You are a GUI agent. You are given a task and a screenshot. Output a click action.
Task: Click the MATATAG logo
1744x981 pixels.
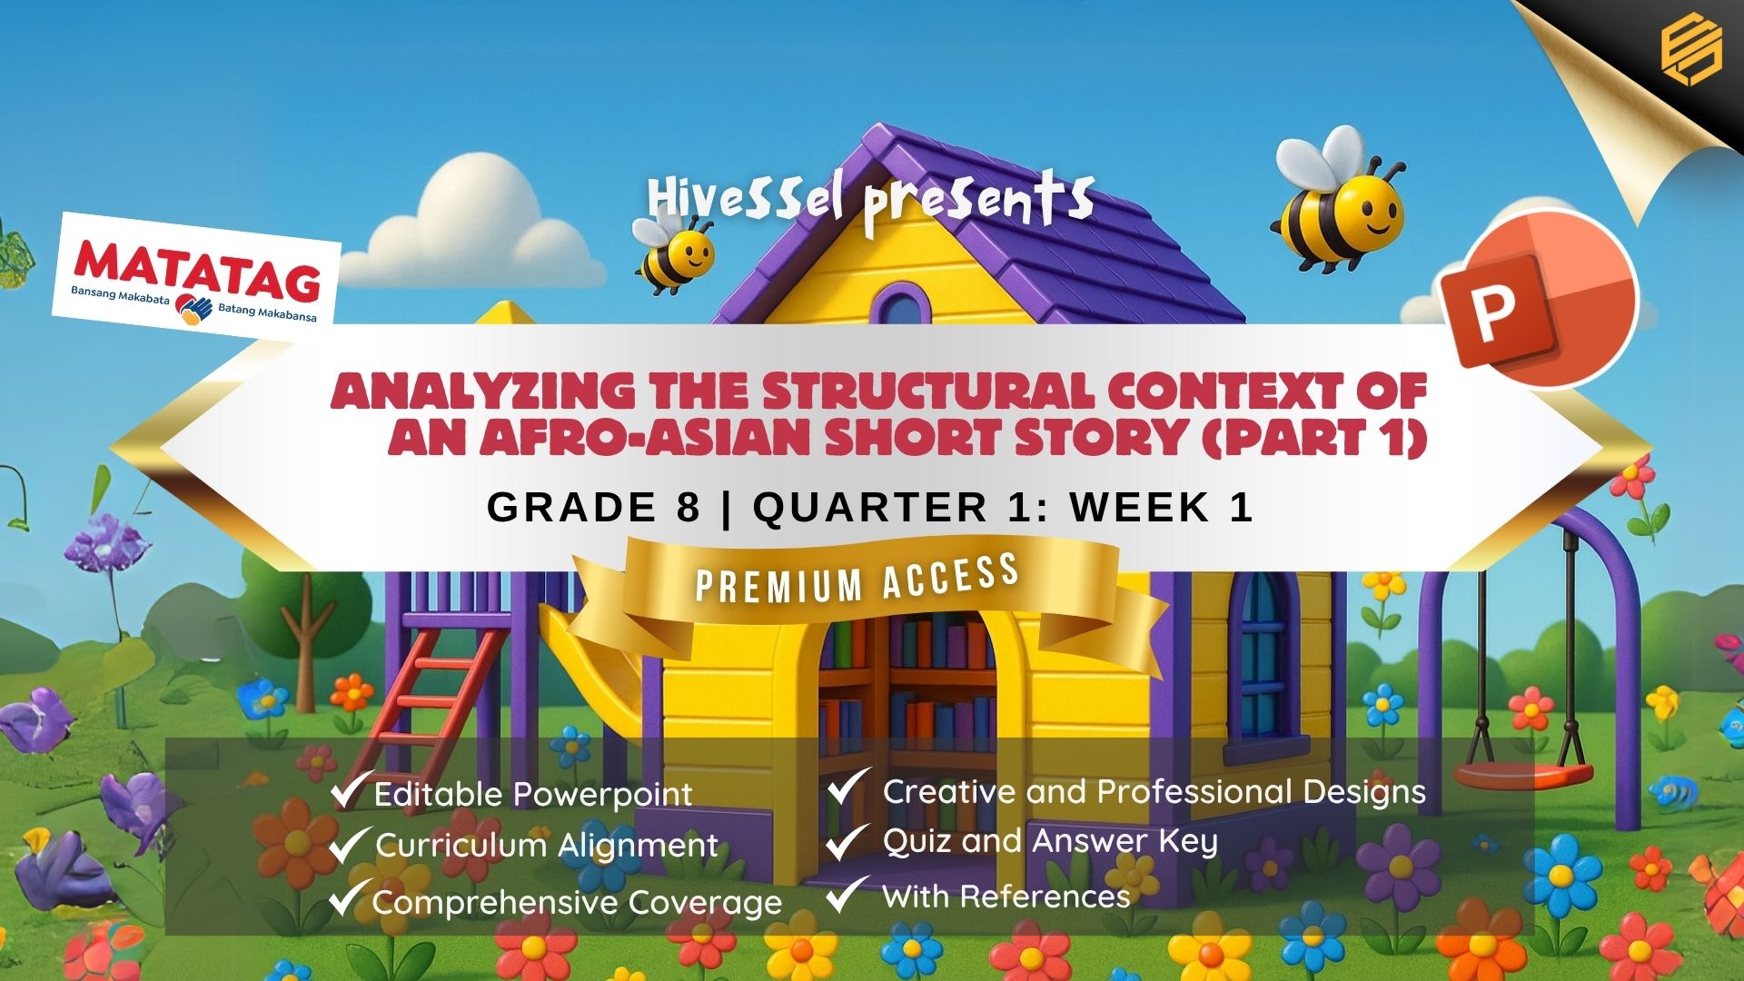point(195,272)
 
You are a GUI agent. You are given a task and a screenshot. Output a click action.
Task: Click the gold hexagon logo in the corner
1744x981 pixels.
point(1691,52)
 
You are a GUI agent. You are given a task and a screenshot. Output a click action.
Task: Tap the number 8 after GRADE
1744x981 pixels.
point(689,507)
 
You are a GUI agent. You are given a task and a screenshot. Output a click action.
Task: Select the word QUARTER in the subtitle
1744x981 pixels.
point(869,507)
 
